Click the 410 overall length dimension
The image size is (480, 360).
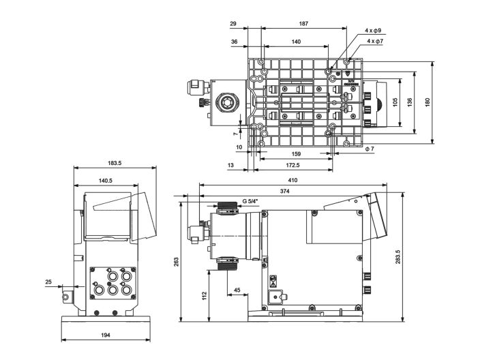pos(293,181)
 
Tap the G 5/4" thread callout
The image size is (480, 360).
pos(253,202)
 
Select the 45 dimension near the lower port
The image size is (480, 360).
pos(236,290)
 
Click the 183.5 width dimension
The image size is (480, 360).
pos(115,163)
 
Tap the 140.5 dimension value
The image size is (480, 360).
pos(105,181)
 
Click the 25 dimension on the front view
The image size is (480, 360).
pos(48,282)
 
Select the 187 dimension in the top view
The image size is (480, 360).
pos(303,24)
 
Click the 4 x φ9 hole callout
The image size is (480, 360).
pos(373,31)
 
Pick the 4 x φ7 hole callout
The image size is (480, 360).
pos(375,41)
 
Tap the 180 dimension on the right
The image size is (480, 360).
pos(427,102)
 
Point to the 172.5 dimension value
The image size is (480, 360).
pos(292,166)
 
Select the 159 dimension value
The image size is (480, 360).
pos(295,154)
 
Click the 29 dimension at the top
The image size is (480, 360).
pos(233,24)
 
